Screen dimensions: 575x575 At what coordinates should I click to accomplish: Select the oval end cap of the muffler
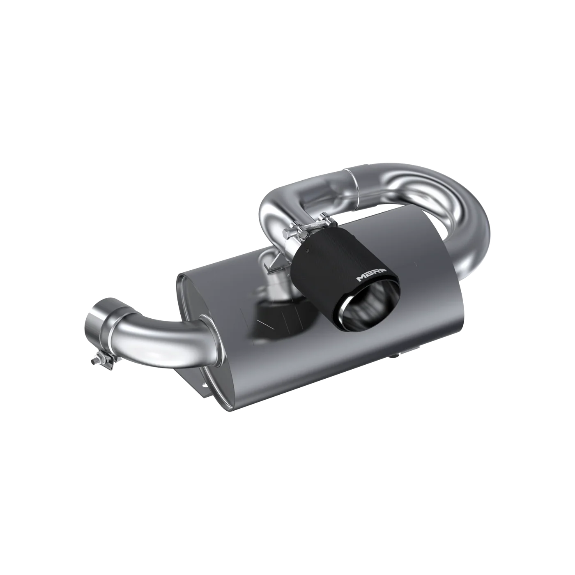(193, 312)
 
